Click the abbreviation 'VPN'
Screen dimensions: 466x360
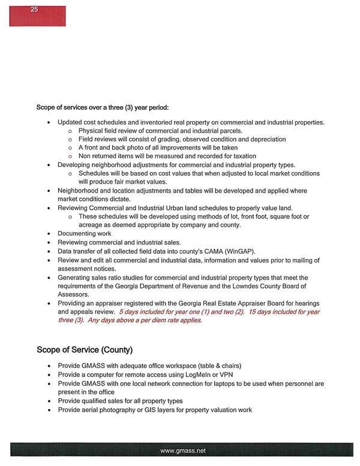227,374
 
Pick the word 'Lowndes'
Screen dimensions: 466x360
248,286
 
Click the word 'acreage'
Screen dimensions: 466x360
91,225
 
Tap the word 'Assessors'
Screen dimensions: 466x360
74,294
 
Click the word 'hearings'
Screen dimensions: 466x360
305,303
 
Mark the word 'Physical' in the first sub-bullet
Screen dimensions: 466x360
91,131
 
